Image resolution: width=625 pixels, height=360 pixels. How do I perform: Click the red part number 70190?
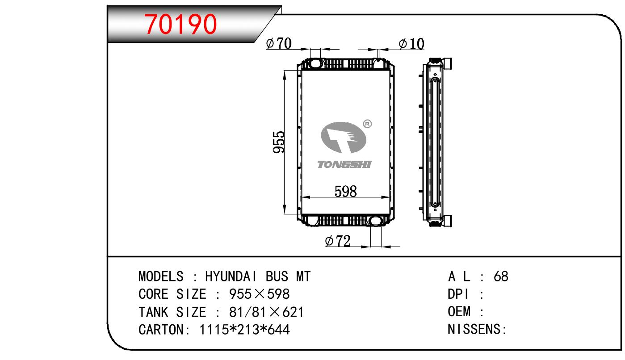point(180,24)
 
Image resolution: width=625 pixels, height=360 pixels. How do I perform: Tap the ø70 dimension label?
point(279,43)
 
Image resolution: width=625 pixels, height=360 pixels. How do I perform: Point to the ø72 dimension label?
point(338,241)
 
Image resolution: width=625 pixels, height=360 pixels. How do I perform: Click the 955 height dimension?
point(279,142)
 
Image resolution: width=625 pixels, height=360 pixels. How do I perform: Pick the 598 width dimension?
point(345,192)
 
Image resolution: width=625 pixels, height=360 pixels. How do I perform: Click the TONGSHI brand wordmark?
point(344,164)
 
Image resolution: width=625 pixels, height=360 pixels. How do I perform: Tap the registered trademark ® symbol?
point(367,124)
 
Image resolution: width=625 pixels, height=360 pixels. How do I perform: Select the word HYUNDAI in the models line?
point(231,276)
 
